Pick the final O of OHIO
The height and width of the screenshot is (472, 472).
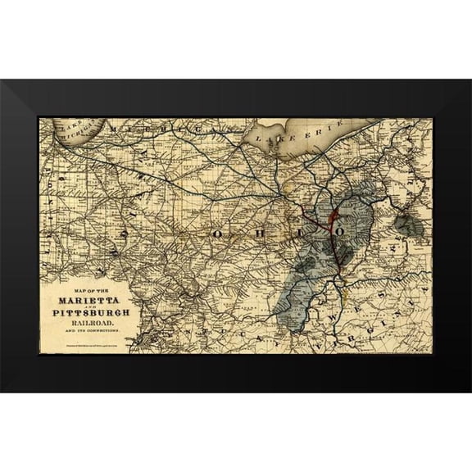pyautogui.click(x=338, y=232)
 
